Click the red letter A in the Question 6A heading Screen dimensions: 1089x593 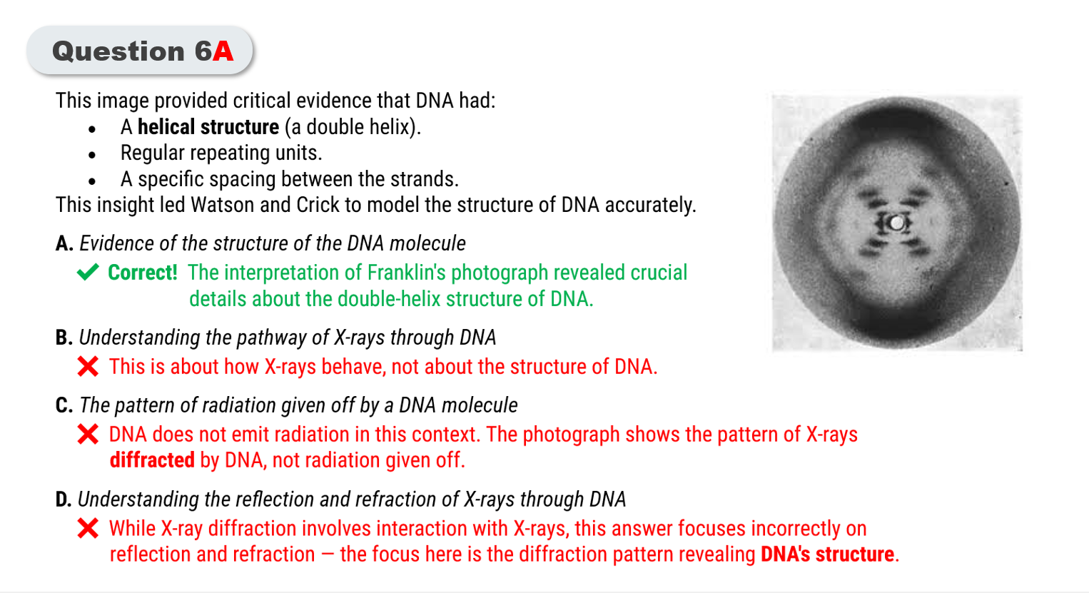[x=223, y=51]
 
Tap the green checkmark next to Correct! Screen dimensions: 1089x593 [x=88, y=272]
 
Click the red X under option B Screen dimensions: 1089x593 [x=88, y=367]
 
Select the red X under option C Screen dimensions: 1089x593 [x=88, y=434]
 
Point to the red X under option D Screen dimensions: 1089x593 [x=88, y=528]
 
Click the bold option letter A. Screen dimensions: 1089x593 [x=64, y=243]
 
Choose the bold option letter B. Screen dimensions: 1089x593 [x=64, y=338]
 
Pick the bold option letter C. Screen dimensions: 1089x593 [x=64, y=405]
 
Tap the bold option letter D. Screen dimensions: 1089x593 [x=64, y=500]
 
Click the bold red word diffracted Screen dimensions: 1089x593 [x=152, y=460]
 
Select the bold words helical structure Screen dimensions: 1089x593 [x=208, y=127]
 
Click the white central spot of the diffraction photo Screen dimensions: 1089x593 [x=896, y=223]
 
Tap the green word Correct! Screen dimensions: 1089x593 [x=143, y=272]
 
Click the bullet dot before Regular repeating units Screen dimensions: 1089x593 [x=92, y=155]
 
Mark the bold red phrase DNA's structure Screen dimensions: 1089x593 [x=827, y=554]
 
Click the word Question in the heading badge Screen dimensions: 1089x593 [x=118, y=51]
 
